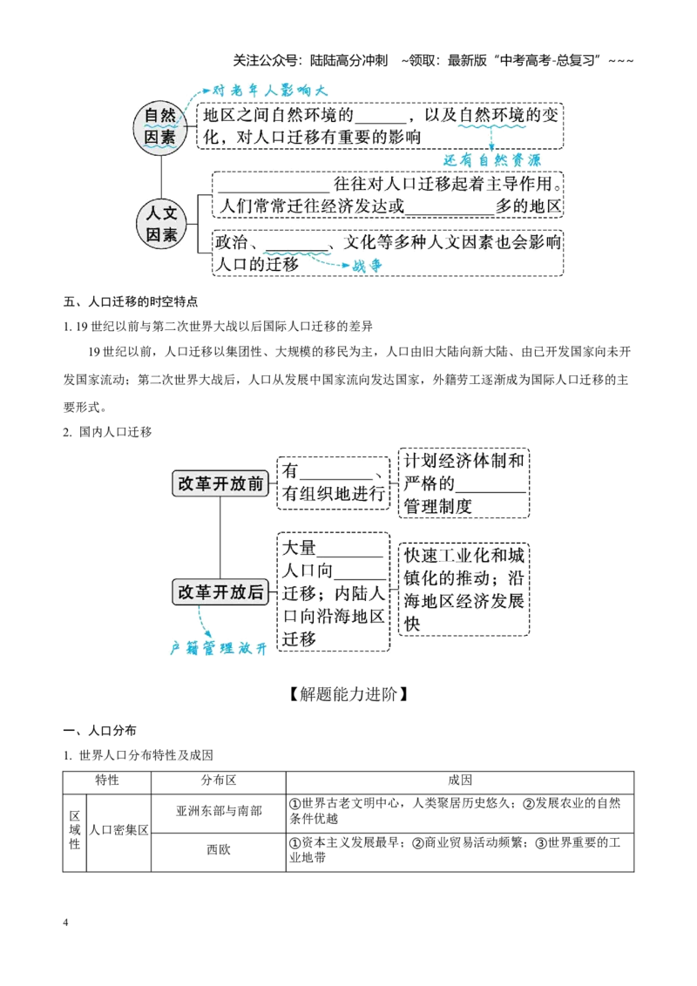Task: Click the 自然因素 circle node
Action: point(160,127)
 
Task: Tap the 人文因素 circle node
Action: point(162,224)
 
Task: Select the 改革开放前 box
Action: point(220,483)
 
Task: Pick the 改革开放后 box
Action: point(220,591)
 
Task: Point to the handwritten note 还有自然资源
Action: point(492,160)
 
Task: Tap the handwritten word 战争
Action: point(367,266)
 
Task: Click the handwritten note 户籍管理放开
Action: point(219,648)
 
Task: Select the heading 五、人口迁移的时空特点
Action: point(130,302)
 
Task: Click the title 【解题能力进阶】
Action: point(348,694)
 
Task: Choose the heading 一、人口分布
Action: point(100,731)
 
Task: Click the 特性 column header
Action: point(107,780)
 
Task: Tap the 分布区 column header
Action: point(219,780)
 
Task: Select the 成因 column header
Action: point(460,780)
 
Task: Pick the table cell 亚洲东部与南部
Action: point(219,811)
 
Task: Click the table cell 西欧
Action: point(219,849)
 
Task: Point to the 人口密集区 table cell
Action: point(118,830)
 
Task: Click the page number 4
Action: point(65,922)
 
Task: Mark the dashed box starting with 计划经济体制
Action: point(464,483)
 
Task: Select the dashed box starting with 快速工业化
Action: point(464,589)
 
